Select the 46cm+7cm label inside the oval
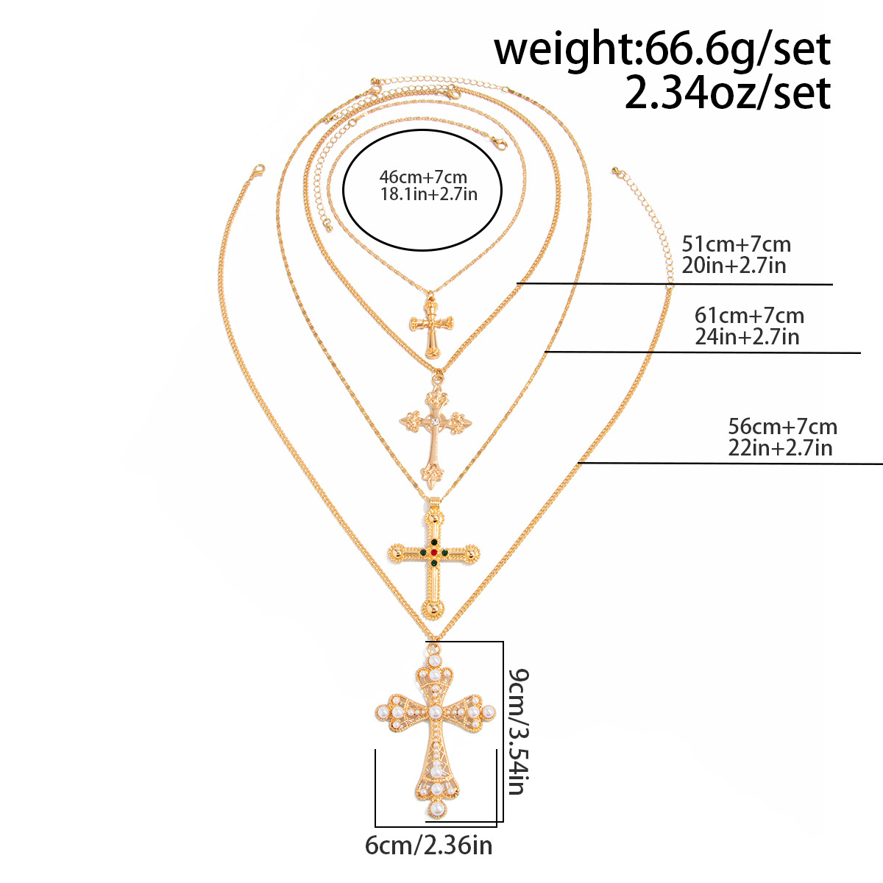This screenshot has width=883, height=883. pyautogui.click(x=423, y=177)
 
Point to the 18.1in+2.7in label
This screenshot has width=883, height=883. pyautogui.click(x=429, y=194)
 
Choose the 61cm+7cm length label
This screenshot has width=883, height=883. pyautogui.click(x=749, y=315)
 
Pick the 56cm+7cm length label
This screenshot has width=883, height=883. pyautogui.click(x=783, y=427)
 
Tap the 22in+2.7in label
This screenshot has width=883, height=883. pyautogui.click(x=781, y=447)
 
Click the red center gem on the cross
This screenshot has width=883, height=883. pyautogui.click(x=433, y=552)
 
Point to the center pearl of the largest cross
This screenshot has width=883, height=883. pyautogui.click(x=435, y=712)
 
